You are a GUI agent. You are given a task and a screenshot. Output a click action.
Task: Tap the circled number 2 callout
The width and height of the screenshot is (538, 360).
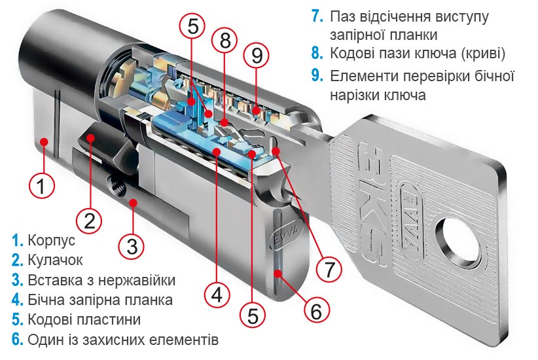click(90, 218)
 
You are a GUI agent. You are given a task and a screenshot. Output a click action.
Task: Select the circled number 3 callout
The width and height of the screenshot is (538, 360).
click(132, 246)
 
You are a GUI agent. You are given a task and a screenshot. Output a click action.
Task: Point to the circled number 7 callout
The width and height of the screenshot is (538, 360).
click(329, 268)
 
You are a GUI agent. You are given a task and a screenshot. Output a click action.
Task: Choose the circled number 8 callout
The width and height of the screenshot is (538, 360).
click(225, 41)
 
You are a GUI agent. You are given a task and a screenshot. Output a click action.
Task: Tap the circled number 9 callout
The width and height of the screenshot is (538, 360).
click(257, 55)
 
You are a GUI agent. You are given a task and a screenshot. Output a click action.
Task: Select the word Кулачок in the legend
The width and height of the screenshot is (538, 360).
click(56, 261)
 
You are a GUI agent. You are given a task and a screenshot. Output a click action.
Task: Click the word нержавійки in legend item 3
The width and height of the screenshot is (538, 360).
click(139, 281)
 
